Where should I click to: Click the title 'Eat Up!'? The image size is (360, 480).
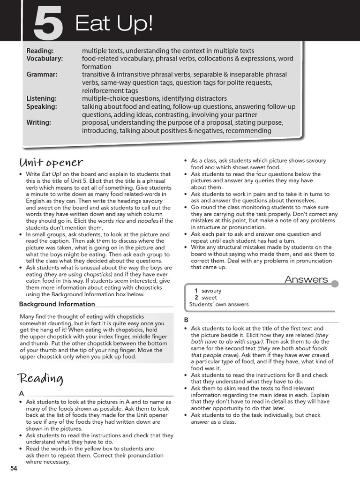(114, 23)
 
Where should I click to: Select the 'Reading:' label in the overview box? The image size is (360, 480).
(40, 51)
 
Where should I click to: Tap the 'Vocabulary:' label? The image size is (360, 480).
(45, 59)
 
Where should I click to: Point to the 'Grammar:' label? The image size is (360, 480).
(42, 75)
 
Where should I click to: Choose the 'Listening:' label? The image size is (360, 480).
(42, 98)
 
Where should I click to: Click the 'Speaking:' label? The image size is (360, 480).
(42, 106)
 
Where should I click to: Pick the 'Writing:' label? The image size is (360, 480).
(39, 122)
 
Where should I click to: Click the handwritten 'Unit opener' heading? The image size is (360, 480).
(51, 163)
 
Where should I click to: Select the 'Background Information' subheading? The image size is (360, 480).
(57, 304)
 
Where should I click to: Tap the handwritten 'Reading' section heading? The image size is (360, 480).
(40, 378)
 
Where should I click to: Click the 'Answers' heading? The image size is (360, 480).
(306, 279)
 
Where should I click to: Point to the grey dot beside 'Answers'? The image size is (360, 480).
(335, 284)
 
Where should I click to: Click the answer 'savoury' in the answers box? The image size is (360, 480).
(211, 291)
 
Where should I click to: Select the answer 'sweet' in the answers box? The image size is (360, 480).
(209, 298)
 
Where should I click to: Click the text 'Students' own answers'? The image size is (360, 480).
(219, 304)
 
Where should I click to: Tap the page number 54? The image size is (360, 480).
(13, 468)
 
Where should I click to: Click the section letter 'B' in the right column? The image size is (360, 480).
(186, 319)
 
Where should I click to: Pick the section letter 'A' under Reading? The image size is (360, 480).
(22, 393)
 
